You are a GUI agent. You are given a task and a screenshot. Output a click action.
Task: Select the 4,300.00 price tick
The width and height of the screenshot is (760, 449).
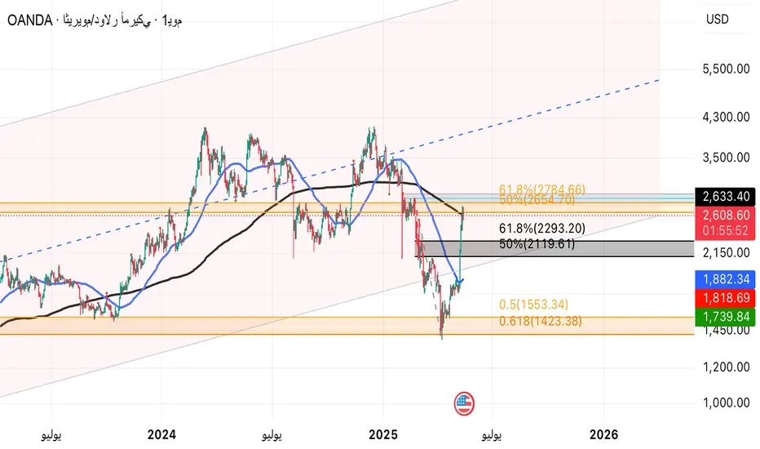[726, 117]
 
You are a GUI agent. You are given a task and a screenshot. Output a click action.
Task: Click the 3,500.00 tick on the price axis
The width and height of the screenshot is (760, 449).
[726, 157]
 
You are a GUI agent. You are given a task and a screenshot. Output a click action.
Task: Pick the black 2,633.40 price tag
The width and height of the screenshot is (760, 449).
[726, 197]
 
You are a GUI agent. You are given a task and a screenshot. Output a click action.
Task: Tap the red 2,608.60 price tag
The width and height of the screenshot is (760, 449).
[726, 216]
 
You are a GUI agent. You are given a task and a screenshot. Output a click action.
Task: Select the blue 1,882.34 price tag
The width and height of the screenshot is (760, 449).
[726, 278]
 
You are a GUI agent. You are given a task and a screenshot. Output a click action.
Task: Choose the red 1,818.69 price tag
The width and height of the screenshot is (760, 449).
[726, 296]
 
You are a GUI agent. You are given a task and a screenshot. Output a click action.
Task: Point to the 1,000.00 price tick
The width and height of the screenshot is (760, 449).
[726, 402]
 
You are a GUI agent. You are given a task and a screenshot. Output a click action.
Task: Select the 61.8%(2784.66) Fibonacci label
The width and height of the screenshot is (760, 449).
[542, 189]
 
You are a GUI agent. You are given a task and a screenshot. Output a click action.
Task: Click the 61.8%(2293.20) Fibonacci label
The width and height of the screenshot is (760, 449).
[542, 229]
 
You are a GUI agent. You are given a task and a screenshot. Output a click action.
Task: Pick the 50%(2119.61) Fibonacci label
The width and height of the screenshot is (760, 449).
[539, 243]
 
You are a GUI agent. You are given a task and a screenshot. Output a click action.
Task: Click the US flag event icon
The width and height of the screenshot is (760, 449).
[464, 402]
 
